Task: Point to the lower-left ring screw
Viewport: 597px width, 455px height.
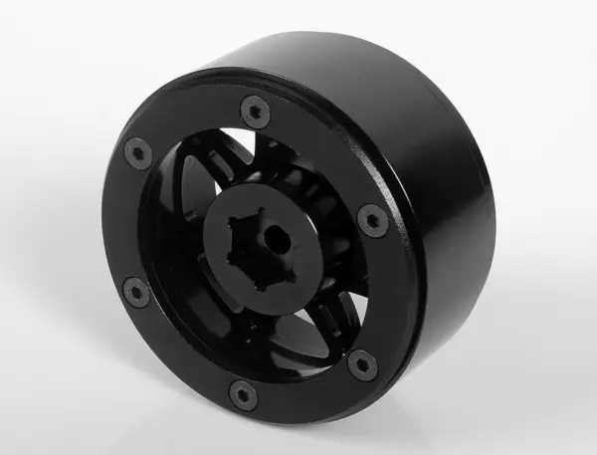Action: point(135,292)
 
